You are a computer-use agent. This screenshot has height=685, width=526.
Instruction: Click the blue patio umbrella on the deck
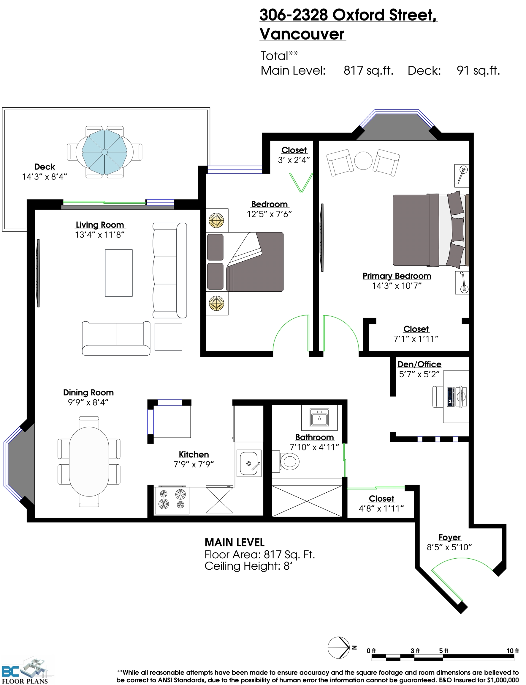tap(104, 152)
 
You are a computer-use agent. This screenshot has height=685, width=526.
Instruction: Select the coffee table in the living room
tap(119, 273)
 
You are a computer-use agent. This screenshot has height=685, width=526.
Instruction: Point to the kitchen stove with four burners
tap(172, 500)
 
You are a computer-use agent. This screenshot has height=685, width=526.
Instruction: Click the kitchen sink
tap(249, 463)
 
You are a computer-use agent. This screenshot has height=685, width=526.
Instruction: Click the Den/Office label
tap(419, 364)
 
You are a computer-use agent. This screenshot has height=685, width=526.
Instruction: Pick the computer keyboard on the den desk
tap(451, 397)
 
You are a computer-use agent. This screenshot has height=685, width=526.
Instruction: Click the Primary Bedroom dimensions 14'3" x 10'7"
tap(397, 286)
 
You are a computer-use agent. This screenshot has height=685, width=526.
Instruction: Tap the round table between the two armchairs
tap(363, 161)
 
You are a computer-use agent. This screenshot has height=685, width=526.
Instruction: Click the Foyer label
tap(449, 537)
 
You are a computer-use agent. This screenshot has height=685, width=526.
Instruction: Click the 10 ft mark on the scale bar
tap(513, 651)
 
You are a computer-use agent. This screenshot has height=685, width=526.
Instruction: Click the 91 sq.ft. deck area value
tap(478, 70)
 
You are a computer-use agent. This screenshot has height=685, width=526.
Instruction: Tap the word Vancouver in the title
tap(302, 34)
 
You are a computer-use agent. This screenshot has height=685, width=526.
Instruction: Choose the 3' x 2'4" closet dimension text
tap(294, 160)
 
